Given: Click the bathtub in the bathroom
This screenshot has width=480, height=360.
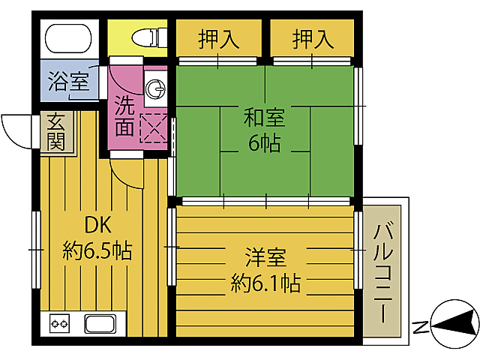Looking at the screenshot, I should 68,37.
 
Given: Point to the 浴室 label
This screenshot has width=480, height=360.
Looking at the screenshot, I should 69,82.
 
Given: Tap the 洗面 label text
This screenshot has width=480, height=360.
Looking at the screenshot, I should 125,116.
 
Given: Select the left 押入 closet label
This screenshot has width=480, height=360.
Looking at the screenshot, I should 219,40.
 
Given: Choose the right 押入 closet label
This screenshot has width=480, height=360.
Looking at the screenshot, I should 312,40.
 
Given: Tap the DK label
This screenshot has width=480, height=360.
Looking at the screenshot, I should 97,225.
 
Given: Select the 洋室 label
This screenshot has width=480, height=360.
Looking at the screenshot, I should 265,258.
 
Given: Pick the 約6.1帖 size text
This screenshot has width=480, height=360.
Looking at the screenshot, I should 265,283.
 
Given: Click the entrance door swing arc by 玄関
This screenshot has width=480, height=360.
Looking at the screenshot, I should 16,131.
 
